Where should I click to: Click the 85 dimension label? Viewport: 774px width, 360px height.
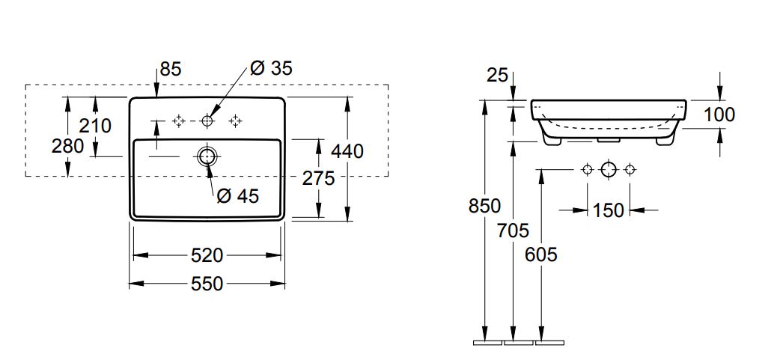pyautogui.click(x=171, y=70)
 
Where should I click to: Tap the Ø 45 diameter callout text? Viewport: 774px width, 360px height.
pyautogui.click(x=237, y=196)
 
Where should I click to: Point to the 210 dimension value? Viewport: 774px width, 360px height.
pyautogui.click(x=95, y=125)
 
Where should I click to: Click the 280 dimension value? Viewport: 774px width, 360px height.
pyautogui.click(x=67, y=146)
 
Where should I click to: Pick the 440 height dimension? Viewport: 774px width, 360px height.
pyautogui.click(x=347, y=151)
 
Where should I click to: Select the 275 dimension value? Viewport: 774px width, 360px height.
pyautogui.click(x=318, y=178)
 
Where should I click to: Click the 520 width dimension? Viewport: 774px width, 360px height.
pyautogui.click(x=207, y=255)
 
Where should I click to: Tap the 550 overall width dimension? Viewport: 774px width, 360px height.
pyautogui.click(x=207, y=284)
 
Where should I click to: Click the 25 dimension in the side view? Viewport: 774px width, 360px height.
pyautogui.click(x=497, y=74)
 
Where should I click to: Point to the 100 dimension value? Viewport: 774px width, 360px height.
pyautogui.click(x=719, y=115)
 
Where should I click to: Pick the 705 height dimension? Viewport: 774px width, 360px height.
pyautogui.click(x=514, y=230)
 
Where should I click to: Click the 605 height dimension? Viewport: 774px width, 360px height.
pyautogui.click(x=541, y=254)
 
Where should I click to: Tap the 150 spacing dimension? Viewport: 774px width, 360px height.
pyautogui.click(x=608, y=211)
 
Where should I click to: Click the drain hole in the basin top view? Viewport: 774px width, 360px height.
pyautogui.click(x=207, y=156)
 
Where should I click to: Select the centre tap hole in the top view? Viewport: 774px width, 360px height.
pyautogui.click(x=207, y=120)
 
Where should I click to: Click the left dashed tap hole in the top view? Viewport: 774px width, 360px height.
pyautogui.click(x=178, y=120)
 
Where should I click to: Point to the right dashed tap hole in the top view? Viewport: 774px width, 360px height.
pyautogui.click(x=237, y=120)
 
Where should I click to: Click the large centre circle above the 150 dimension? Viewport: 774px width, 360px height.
pyautogui.click(x=609, y=169)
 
